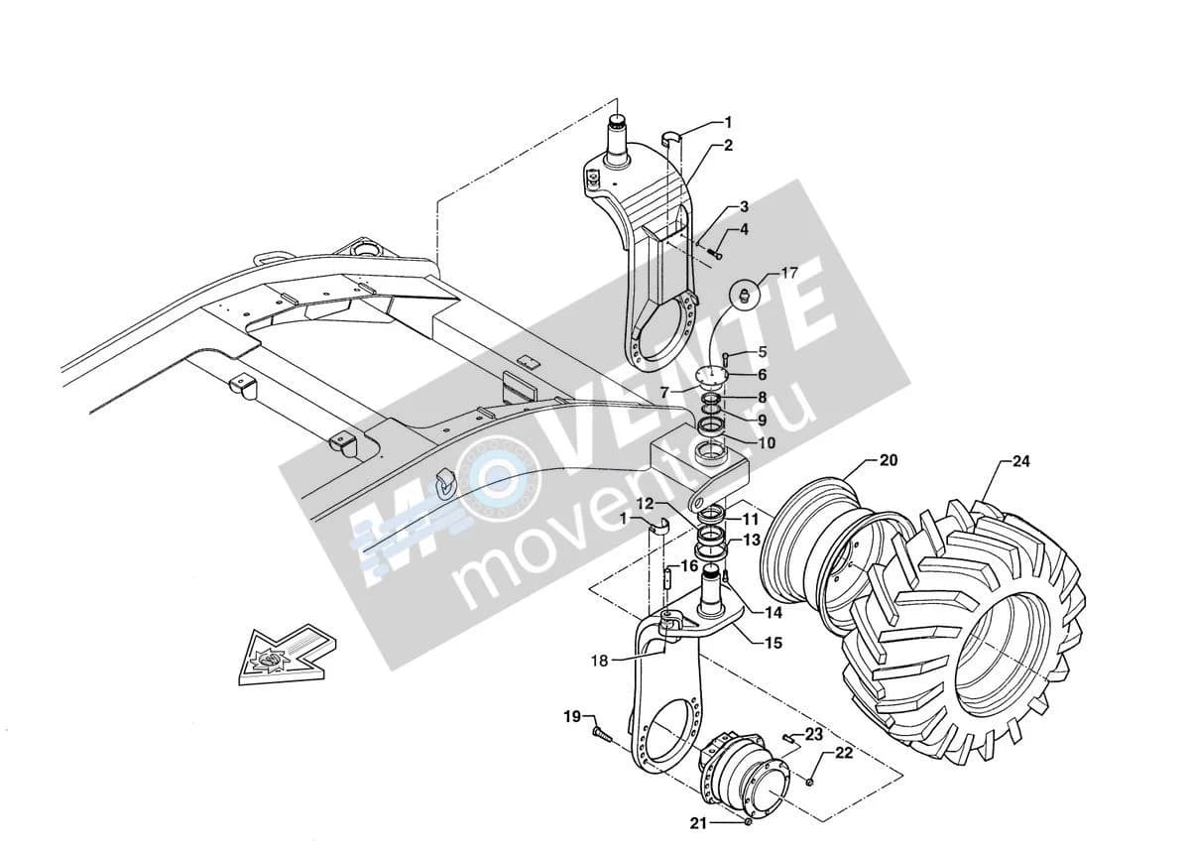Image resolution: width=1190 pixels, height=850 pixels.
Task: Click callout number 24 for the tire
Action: (x=1020, y=461)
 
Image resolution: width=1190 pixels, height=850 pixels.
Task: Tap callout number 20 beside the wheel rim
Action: (x=889, y=460)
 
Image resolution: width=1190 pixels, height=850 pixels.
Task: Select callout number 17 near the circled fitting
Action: (x=789, y=273)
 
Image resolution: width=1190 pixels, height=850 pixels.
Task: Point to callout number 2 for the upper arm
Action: (x=728, y=145)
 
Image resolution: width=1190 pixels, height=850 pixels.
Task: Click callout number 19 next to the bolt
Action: (x=572, y=717)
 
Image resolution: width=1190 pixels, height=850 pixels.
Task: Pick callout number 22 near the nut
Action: (x=844, y=753)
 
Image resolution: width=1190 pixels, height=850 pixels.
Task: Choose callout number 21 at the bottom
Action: (x=698, y=824)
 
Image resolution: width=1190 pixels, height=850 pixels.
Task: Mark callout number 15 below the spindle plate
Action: (x=773, y=643)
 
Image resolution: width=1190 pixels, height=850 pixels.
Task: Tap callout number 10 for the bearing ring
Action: (x=766, y=442)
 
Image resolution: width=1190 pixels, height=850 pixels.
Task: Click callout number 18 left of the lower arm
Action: (x=600, y=661)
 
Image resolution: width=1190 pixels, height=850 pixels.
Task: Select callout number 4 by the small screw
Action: (x=744, y=229)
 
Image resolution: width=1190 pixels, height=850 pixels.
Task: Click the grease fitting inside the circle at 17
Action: (x=745, y=293)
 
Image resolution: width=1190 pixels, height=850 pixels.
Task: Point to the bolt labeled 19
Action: (x=601, y=736)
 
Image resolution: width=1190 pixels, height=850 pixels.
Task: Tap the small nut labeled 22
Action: (x=809, y=781)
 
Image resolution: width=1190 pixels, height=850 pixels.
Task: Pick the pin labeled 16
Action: (x=668, y=577)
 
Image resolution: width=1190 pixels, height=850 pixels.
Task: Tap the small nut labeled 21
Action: (x=748, y=822)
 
